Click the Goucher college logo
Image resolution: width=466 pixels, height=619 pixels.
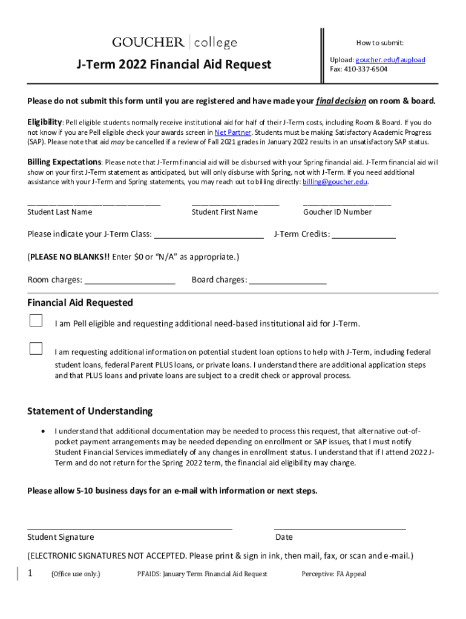pos(174,42)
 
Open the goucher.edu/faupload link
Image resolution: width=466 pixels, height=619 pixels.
pos(390,60)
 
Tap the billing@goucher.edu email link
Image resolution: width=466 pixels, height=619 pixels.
pos(335,182)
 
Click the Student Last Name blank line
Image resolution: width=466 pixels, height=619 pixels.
pos(94,204)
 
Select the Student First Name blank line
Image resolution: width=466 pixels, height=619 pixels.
pos(235,204)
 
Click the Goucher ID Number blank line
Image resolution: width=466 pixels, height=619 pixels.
pos(347,204)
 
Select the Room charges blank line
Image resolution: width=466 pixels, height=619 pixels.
pos(130,280)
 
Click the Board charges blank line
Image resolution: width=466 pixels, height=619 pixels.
pos(287,280)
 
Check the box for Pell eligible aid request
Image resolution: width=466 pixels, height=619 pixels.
pos(36,320)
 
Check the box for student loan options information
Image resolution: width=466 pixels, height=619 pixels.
pos(36,348)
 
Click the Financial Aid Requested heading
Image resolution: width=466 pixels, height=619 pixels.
pos(80,303)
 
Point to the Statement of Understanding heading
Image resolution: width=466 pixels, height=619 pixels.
pos(90,412)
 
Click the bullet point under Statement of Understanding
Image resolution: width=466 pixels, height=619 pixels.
pos(42,432)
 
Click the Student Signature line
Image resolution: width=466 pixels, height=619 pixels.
pos(130,527)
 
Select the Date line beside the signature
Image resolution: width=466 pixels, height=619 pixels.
pos(340,527)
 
